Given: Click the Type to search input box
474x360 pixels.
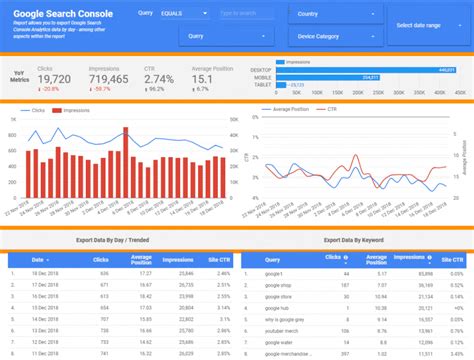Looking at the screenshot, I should (x=249, y=15).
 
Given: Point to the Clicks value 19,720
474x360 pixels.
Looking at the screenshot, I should (x=54, y=78).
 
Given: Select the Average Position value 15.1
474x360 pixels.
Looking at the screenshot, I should (x=204, y=78).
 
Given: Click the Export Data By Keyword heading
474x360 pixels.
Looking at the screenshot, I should (x=355, y=240).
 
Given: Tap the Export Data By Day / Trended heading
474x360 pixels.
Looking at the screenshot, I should (x=111, y=240).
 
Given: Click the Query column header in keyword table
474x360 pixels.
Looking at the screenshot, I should (x=273, y=259).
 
